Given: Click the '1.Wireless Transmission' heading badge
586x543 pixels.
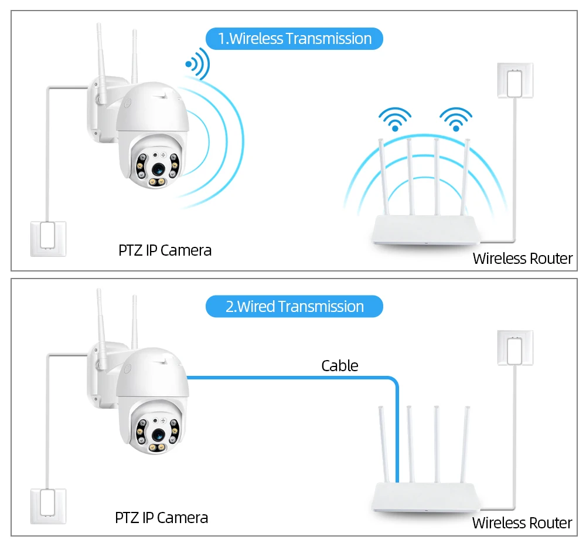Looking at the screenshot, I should [x=294, y=39].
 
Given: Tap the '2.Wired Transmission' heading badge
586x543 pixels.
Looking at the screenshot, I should [x=294, y=307].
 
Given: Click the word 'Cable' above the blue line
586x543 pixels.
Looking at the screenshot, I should [x=339, y=366].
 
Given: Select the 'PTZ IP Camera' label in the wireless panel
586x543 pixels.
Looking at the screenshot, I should [x=165, y=250].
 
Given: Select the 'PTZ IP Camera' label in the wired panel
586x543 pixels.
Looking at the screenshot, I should [x=161, y=518].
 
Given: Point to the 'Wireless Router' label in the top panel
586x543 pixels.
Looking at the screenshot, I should [x=522, y=259].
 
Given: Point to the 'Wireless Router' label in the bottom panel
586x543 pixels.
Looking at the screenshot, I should [x=522, y=523].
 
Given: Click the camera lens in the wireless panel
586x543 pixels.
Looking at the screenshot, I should [x=158, y=168].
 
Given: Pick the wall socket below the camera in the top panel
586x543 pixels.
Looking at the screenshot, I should [x=48, y=238].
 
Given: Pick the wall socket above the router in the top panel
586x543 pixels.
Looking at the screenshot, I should [x=515, y=80].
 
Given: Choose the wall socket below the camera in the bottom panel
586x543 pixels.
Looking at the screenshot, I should [x=48, y=506].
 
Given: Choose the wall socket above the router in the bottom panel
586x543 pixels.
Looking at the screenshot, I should [x=515, y=348].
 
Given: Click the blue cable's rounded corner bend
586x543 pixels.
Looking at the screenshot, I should [x=394, y=382].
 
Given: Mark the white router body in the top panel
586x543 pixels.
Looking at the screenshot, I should [x=427, y=232].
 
